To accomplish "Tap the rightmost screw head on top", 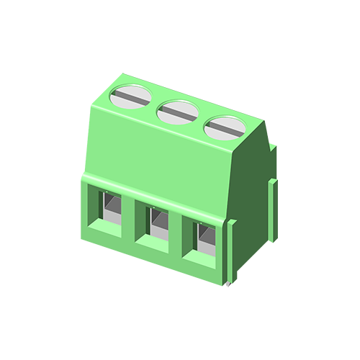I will click(223, 127).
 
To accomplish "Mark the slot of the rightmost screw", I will click(223, 128).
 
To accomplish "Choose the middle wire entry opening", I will click(153, 224).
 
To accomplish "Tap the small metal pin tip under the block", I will click(228, 285).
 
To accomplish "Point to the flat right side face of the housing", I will click(252, 187).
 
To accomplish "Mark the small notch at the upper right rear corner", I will click(272, 148).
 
